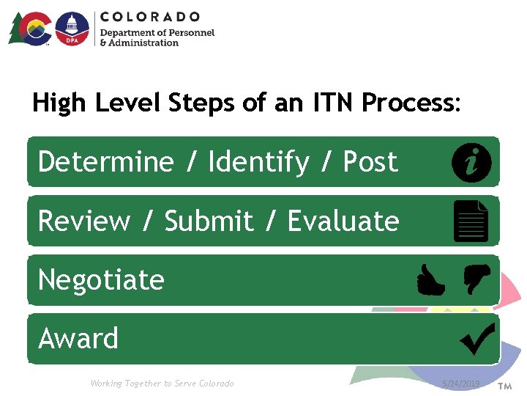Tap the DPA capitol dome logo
(x=72, y=29)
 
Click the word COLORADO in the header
(x=150, y=16)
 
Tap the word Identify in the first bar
(x=258, y=161)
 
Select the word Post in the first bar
(x=370, y=161)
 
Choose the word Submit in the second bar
(x=209, y=221)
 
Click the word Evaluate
(x=343, y=221)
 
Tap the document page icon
(x=471, y=221)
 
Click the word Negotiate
(x=101, y=279)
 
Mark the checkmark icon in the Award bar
(x=477, y=339)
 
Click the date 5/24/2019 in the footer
(x=461, y=384)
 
